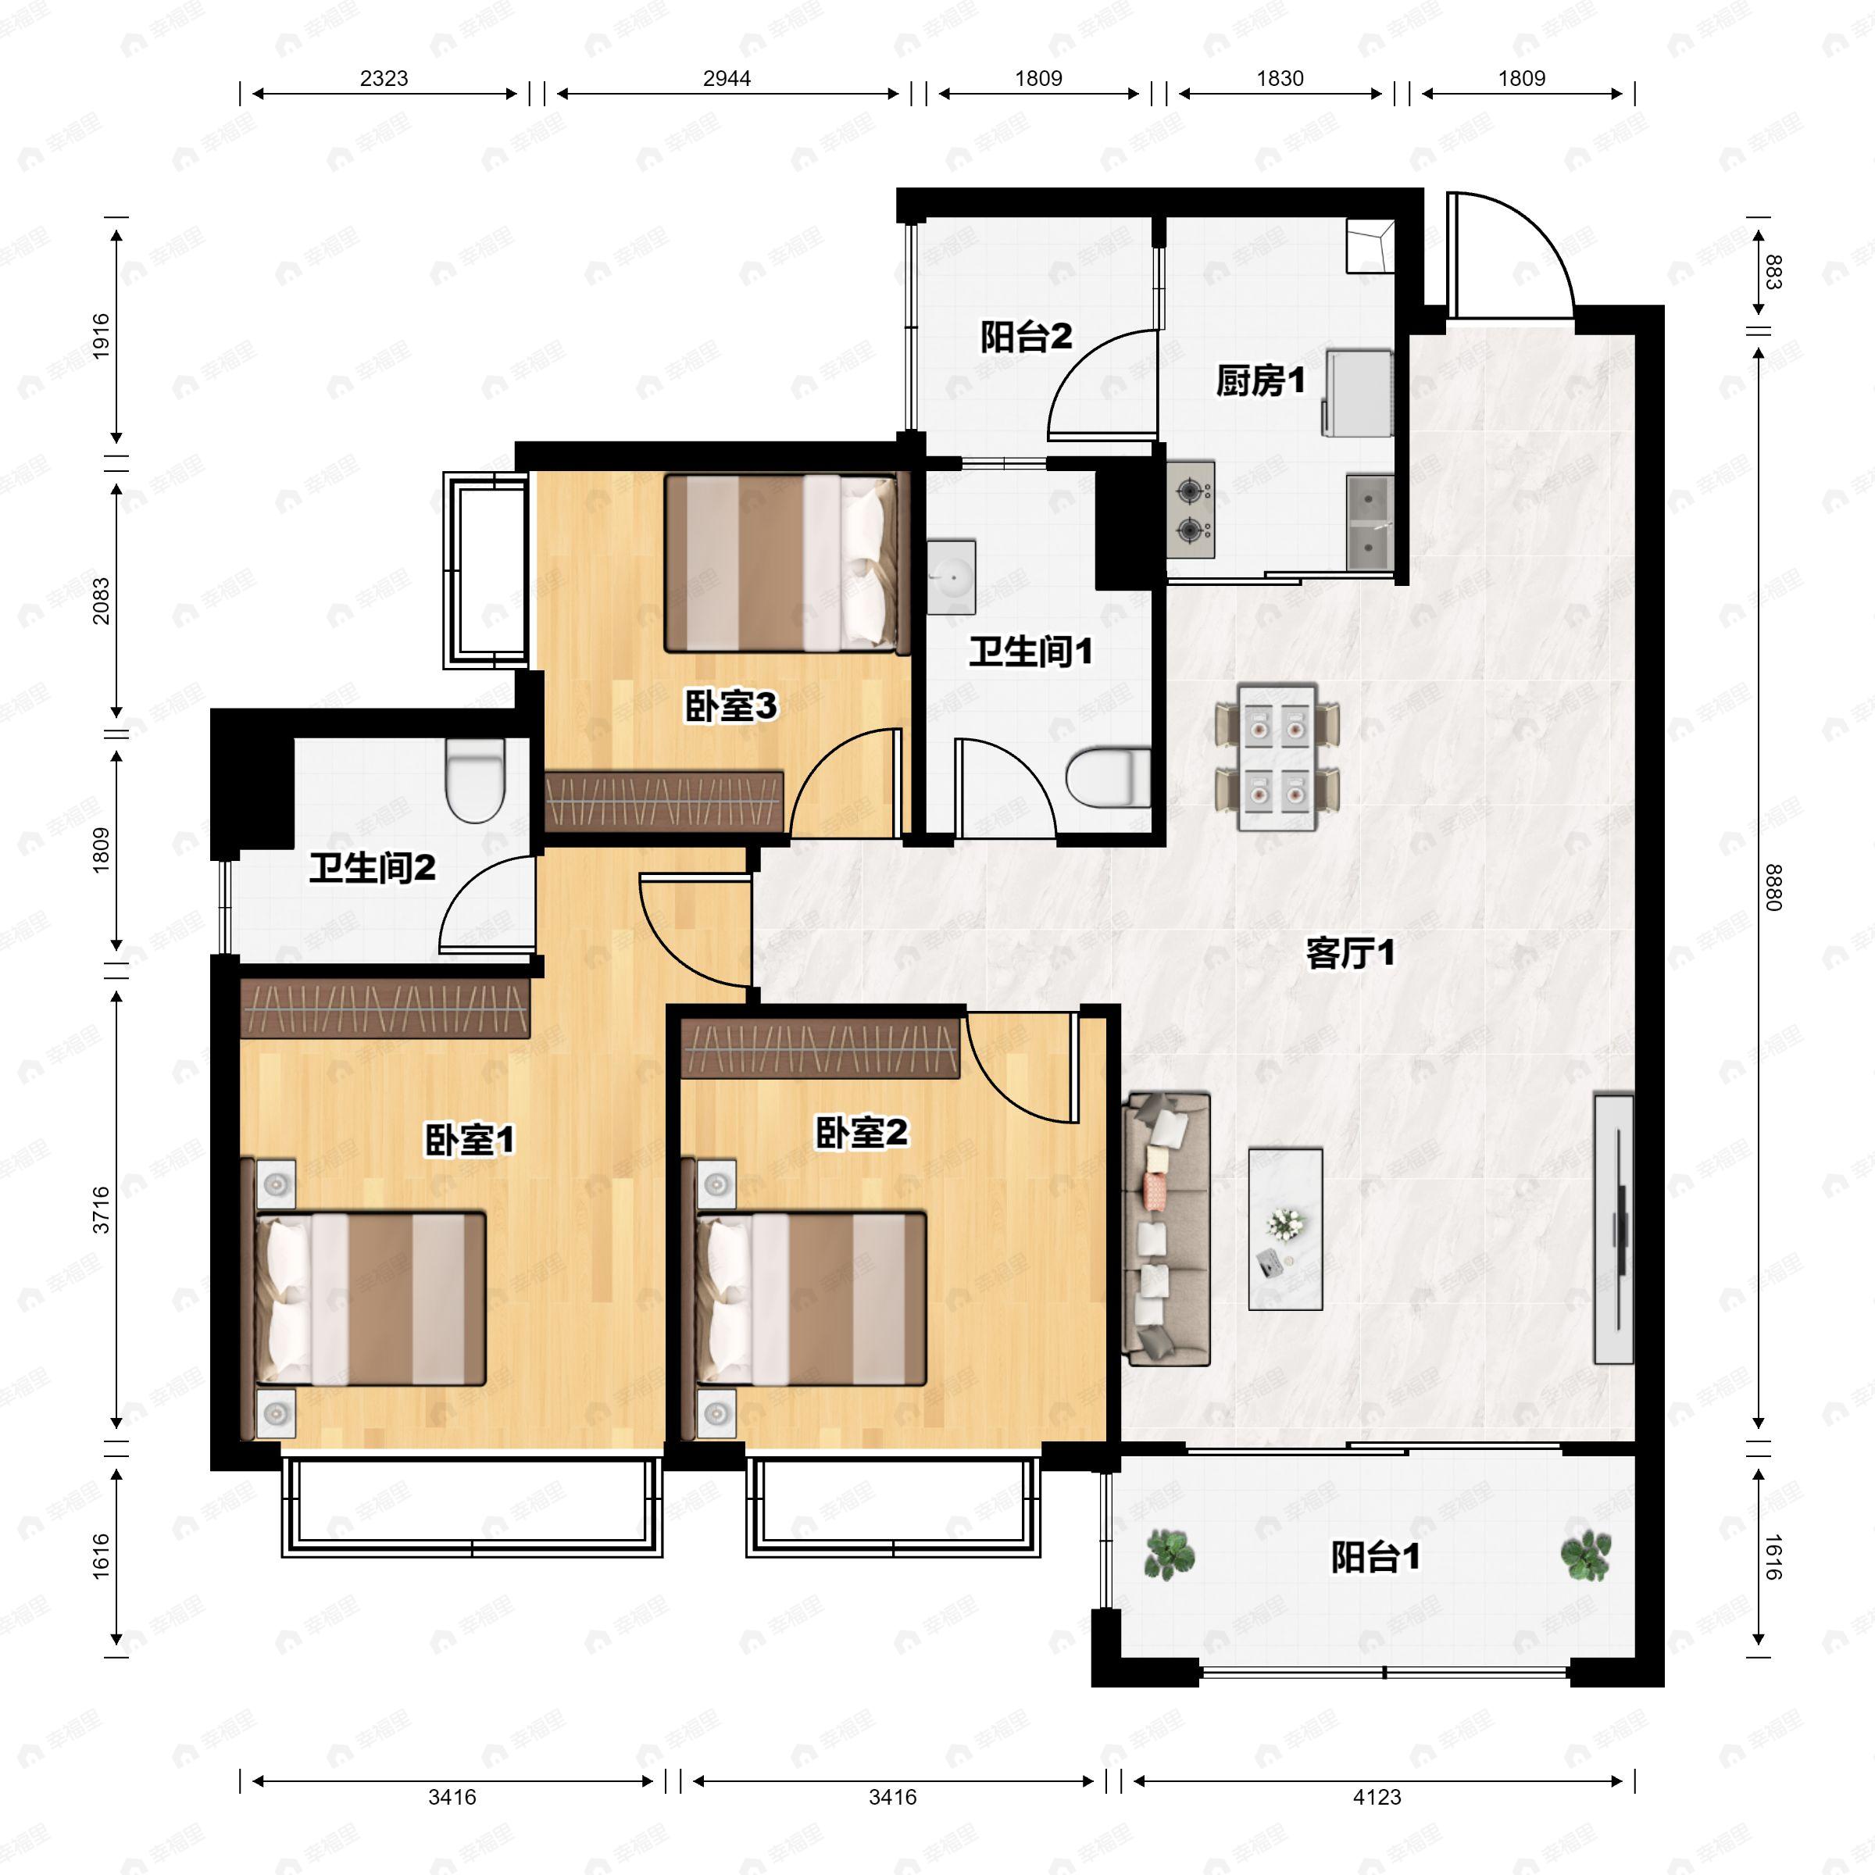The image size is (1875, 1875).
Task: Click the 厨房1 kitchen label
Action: click(1261, 381)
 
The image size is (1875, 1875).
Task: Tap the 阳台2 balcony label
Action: click(1026, 337)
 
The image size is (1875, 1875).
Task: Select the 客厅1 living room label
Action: click(1350, 954)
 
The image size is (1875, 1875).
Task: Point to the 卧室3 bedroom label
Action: click(730, 706)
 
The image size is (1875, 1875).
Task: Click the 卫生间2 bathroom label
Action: click(373, 868)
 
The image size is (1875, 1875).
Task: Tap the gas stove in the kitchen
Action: click(1191, 509)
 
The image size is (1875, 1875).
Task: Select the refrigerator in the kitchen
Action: click(1358, 393)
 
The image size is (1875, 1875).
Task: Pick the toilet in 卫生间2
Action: click(476, 780)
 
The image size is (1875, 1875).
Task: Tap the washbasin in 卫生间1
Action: click(950, 577)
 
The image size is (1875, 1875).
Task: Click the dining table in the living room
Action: click(1277, 758)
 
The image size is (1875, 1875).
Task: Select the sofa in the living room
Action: click(1166, 1230)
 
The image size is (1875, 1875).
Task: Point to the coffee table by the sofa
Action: click(1285, 1229)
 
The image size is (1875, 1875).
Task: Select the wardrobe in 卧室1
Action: click(385, 1007)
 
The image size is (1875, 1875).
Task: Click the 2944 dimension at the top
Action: click(727, 79)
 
